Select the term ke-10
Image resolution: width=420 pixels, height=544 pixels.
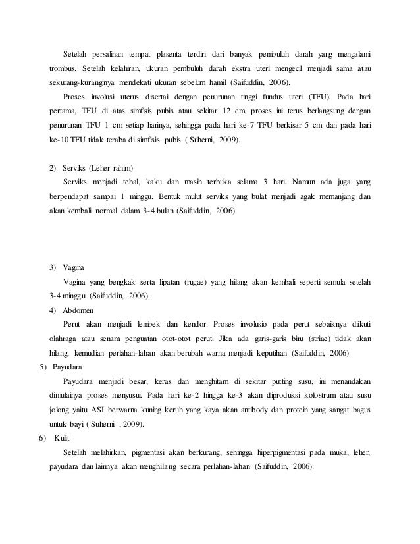(x=59, y=141)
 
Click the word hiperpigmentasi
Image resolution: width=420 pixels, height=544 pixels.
(x=286, y=453)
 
